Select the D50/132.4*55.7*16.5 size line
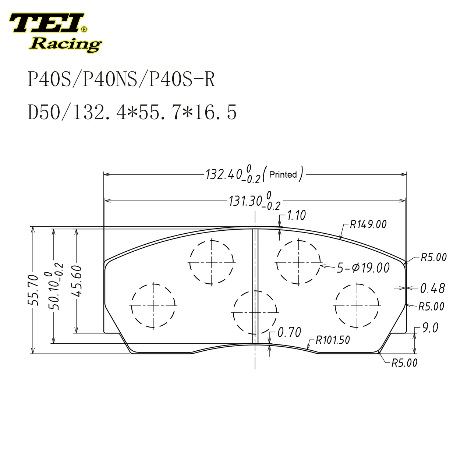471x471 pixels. point(132,112)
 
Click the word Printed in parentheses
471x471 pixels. point(283,174)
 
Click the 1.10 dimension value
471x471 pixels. point(296,216)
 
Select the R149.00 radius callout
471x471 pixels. point(368,224)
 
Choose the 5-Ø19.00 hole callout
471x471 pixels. point(363,268)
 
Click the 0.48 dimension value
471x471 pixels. point(432,288)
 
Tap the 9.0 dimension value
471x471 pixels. point(430,328)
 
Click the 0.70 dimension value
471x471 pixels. point(289,332)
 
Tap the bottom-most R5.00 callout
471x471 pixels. point(404,363)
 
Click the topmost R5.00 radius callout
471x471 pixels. point(433,257)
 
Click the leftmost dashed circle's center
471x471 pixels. point(153,305)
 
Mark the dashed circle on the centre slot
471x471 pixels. point(254,312)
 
